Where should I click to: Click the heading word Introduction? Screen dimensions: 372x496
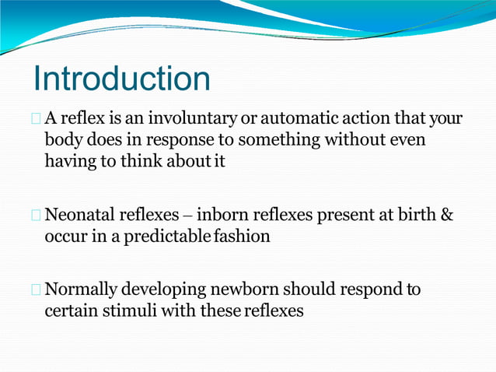[x=121, y=79]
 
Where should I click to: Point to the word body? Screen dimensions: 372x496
[x=62, y=141]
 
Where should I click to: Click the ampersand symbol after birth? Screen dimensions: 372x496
[x=447, y=215]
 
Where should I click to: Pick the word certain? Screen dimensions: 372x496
[x=71, y=311]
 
